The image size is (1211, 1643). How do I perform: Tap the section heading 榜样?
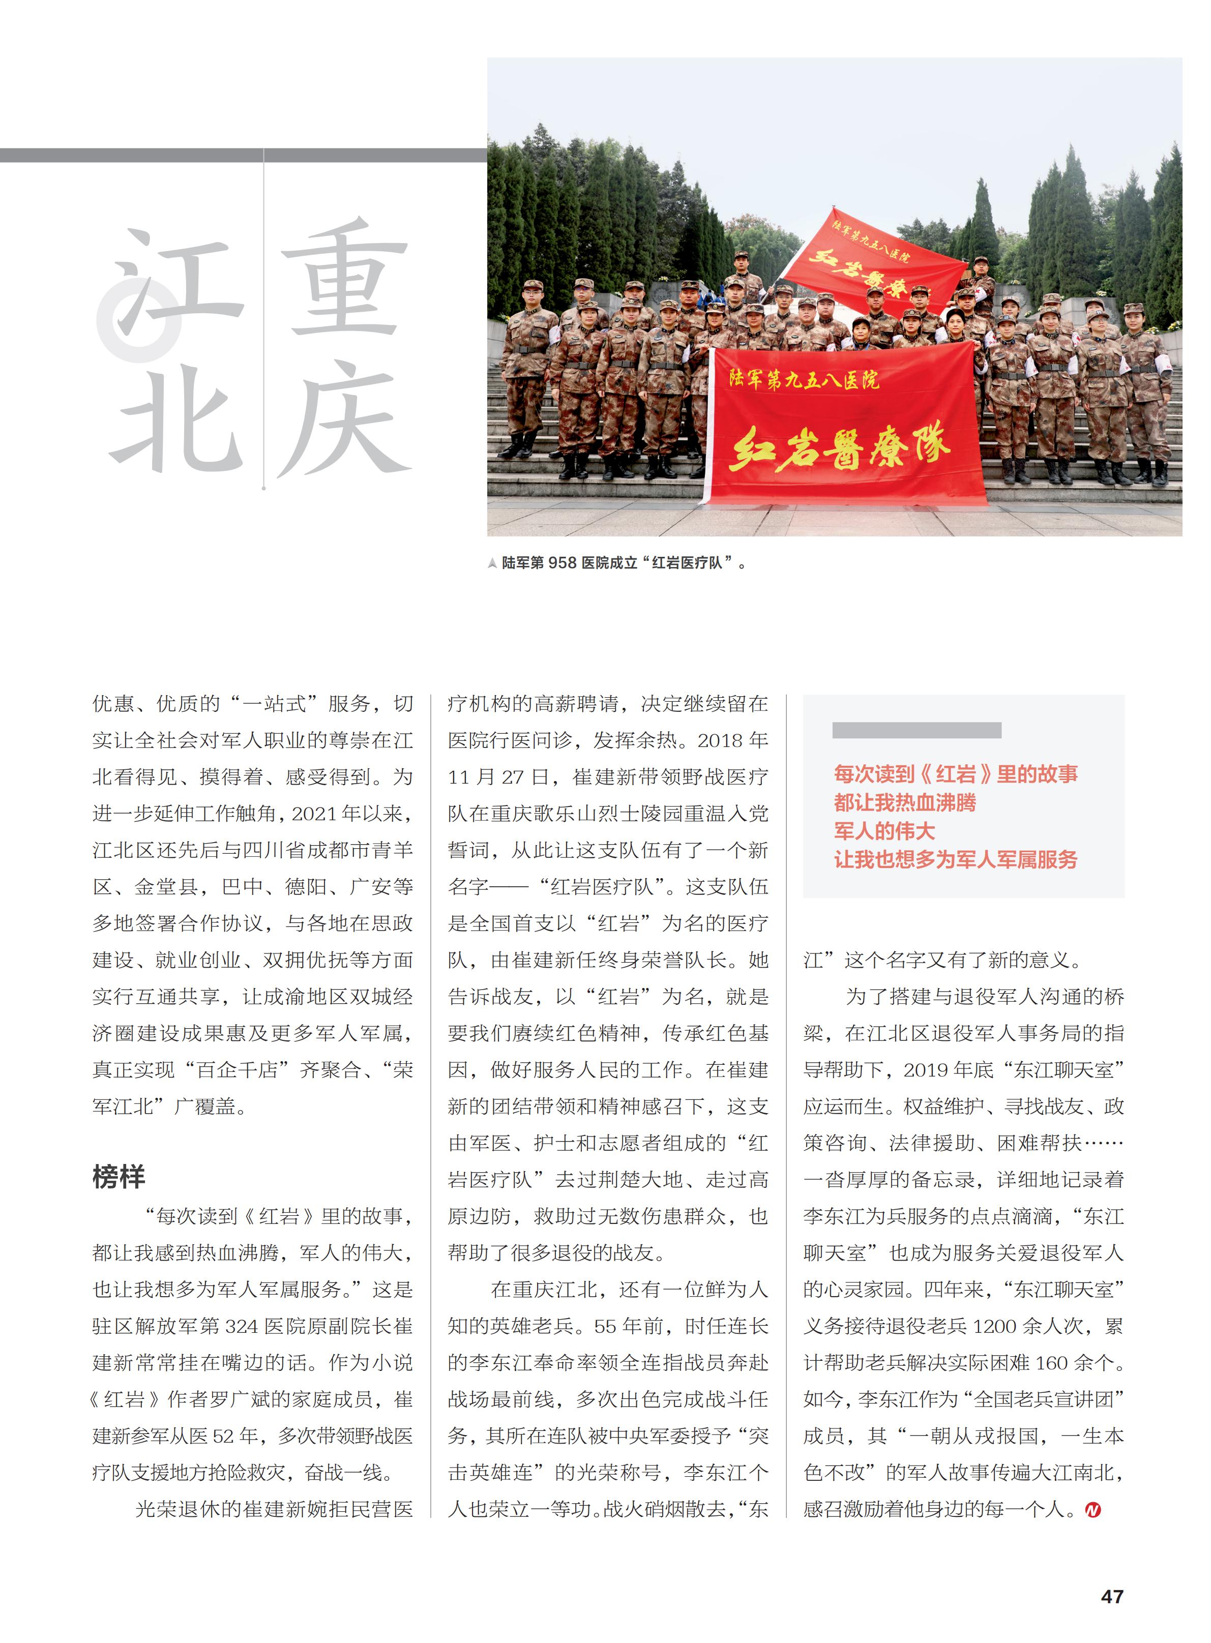[x=119, y=1176]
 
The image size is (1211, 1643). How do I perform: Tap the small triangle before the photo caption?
[x=493, y=563]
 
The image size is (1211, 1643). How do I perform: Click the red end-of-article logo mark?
[x=1092, y=1510]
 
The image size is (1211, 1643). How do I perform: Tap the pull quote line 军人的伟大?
[x=884, y=831]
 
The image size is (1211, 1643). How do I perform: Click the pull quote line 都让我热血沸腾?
[x=905, y=802]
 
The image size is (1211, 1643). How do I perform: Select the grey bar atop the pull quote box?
[x=917, y=730]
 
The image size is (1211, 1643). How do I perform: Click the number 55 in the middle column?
[x=605, y=1326]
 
